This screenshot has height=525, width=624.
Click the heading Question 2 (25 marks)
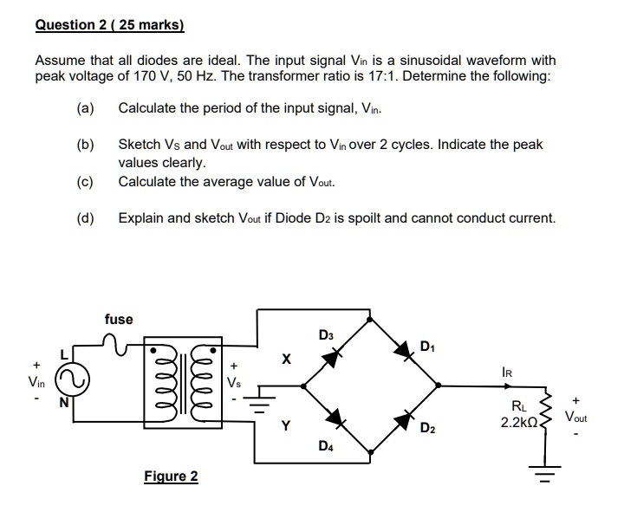[109, 25]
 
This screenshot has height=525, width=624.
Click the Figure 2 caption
[171, 476]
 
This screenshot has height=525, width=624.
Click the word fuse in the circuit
[119, 319]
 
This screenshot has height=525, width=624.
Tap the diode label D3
[325, 334]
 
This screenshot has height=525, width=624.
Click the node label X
[285, 358]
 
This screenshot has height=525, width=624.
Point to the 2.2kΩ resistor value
[518, 423]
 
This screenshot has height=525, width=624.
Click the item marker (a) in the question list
[85, 108]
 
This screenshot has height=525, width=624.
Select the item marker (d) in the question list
[85, 217]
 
